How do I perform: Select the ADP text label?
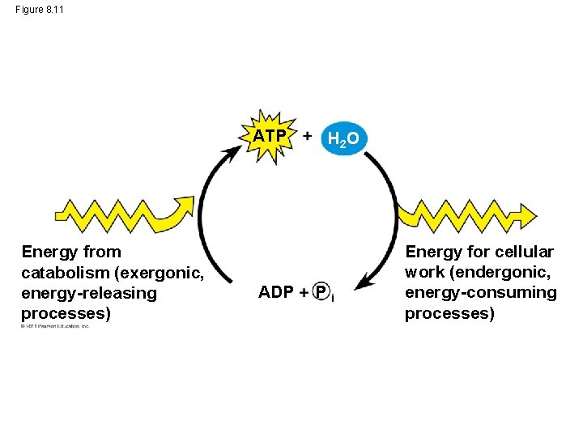coord(275,291)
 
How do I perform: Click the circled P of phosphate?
coord(321,291)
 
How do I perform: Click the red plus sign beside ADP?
coord(304,292)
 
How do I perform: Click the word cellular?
coord(526,252)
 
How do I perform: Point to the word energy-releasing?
coord(89,292)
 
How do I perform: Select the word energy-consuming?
coord(481,292)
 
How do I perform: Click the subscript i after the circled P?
coord(333,298)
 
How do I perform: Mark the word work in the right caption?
coord(423,272)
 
